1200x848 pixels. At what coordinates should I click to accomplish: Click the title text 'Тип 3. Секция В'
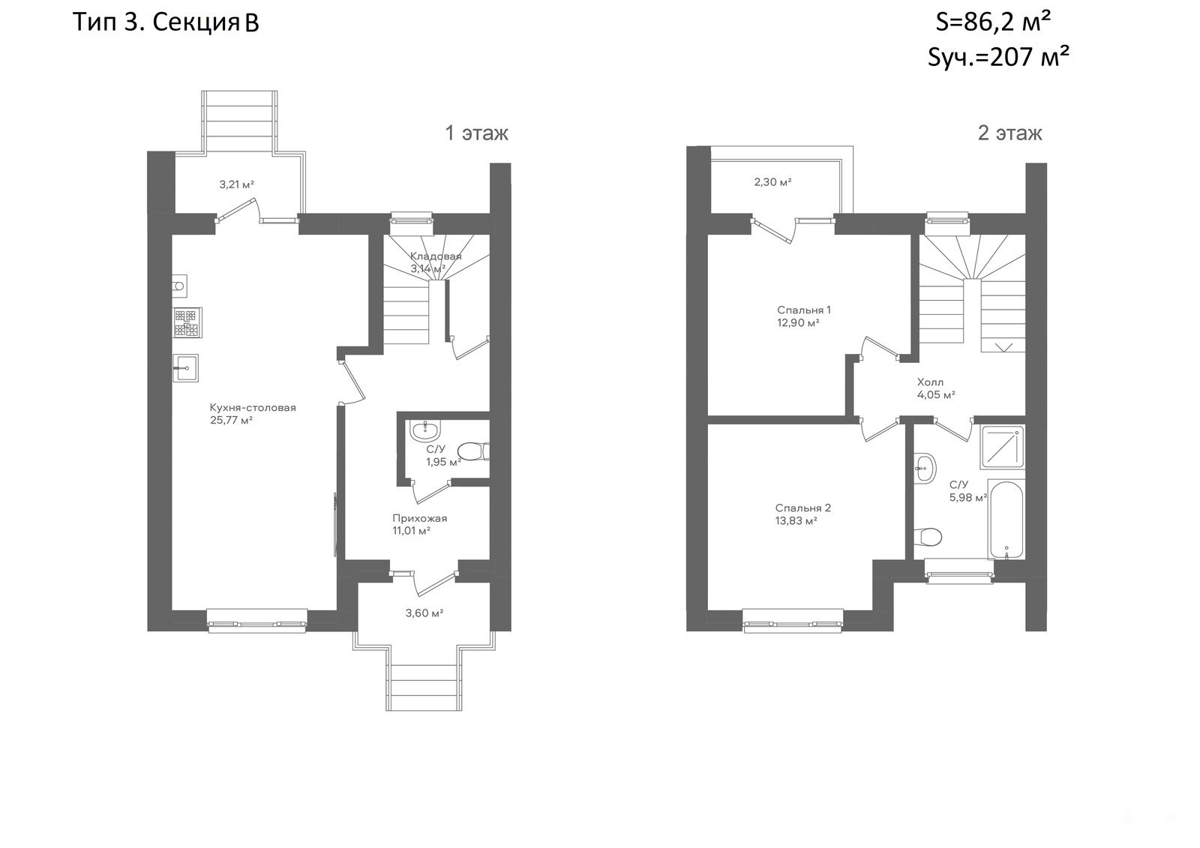pos(166,23)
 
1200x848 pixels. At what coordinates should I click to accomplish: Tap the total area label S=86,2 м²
pos(993,23)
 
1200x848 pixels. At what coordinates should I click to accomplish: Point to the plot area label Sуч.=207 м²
pos(998,57)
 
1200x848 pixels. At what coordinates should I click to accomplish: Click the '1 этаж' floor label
pos(477,133)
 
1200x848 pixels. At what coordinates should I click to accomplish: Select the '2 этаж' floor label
pos(1009,133)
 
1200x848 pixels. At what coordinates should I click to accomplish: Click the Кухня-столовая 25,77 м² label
pos(253,414)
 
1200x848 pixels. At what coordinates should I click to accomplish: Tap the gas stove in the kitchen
pos(187,322)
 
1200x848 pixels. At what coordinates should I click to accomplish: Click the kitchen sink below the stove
pos(185,368)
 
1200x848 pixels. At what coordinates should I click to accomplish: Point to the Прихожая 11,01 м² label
pos(419,524)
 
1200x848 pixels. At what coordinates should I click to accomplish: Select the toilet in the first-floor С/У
pos(473,451)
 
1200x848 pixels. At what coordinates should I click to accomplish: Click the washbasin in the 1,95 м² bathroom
pos(425,429)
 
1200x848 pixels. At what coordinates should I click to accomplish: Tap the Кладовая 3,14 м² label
pos(436,262)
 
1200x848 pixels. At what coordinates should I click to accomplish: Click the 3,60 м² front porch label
pos(424,613)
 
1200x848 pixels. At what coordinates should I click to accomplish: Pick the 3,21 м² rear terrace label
pos(236,184)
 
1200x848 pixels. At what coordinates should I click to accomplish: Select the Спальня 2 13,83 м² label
pos(803,514)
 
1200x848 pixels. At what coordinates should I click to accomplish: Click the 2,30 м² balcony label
pos(772,182)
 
